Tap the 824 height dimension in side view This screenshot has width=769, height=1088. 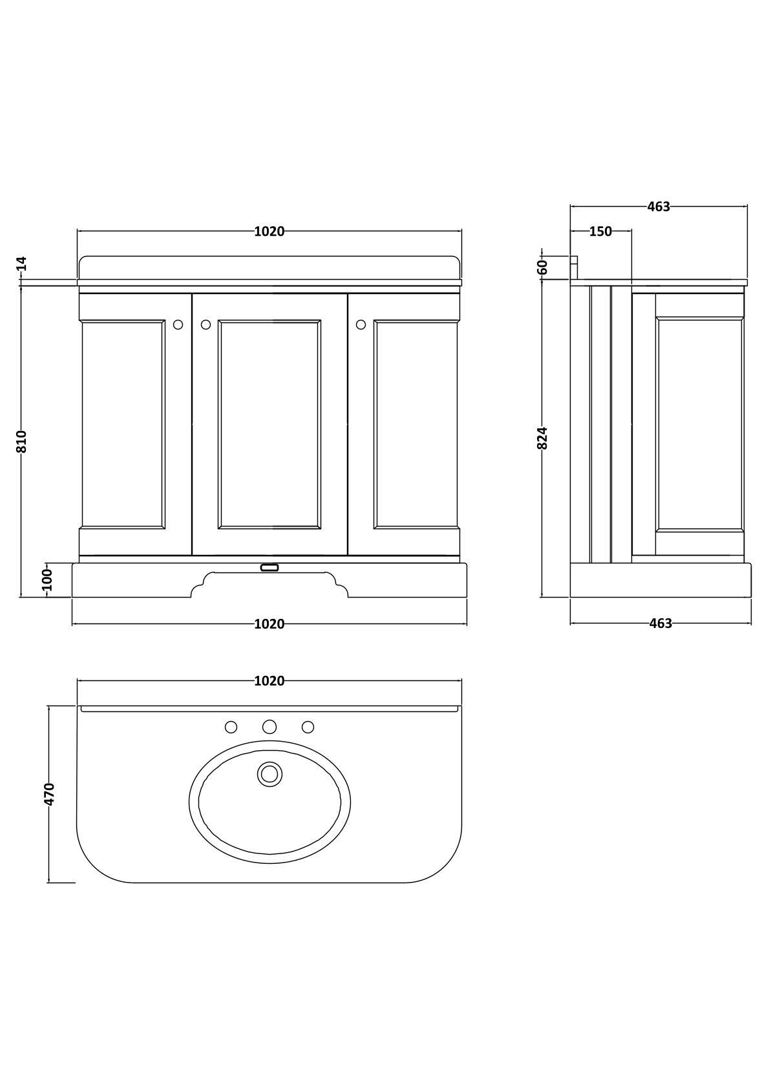tap(543, 437)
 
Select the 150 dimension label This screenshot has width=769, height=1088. tap(600, 231)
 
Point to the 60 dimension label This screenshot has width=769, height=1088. tap(543, 266)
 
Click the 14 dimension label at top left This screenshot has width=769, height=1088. tap(21, 263)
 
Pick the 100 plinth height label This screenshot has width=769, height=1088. tap(47, 580)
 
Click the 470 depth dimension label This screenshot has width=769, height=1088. tap(50, 793)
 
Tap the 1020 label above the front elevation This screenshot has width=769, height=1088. tap(269, 231)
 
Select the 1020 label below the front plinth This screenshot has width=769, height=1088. tap(269, 623)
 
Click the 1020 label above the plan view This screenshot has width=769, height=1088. tap(269, 681)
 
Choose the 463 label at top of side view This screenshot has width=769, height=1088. tap(658, 207)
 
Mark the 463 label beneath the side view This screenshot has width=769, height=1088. tap(660, 623)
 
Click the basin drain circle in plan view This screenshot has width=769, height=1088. tap(269, 773)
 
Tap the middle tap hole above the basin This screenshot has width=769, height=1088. tap(269, 727)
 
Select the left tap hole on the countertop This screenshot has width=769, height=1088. tap(231, 727)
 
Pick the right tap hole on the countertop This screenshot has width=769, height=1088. tap(308, 727)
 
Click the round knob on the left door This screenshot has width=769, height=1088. tap(178, 325)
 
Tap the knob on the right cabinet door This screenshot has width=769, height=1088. tap(361, 325)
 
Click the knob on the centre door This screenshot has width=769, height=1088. tap(206, 325)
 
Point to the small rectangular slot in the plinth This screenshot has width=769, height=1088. tap(269, 567)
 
